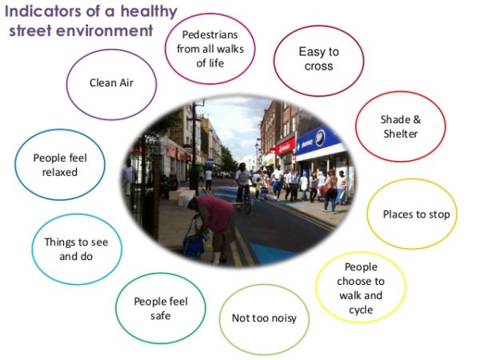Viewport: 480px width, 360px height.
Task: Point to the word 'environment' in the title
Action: [105, 31]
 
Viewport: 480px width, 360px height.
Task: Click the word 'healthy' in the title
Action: [149, 13]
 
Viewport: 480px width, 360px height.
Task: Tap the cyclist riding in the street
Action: [244, 186]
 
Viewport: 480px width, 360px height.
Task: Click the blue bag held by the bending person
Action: [194, 243]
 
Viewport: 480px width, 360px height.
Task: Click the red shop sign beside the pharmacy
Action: [284, 146]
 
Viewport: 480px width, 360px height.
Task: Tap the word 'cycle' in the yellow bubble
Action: [361, 310]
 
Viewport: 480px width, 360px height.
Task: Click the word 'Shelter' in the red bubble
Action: [401, 134]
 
